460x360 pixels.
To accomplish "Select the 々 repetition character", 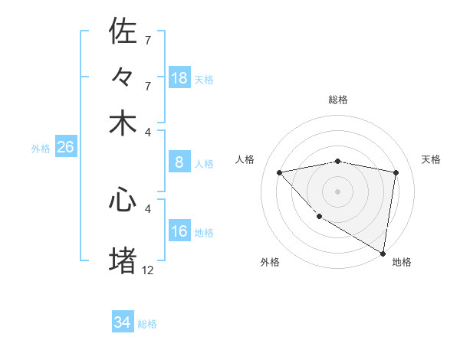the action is tap(123, 77).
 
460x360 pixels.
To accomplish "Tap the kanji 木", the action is tap(123, 123).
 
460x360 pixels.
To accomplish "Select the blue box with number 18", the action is tap(179, 78).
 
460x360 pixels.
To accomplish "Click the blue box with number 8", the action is tap(179, 162).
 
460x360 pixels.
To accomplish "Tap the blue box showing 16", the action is tap(179, 231).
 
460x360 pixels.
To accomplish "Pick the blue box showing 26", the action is tap(65, 148).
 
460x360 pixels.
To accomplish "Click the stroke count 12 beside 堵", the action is tap(148, 270).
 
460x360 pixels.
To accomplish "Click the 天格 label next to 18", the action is tap(204, 79).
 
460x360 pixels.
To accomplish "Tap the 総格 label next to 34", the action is tap(147, 323).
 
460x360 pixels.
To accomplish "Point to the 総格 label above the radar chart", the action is tap(337, 100).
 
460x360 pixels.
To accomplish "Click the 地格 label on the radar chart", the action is tap(402, 262).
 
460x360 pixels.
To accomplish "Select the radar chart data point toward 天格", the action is tap(396, 172).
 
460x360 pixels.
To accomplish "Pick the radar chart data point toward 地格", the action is tap(383, 253).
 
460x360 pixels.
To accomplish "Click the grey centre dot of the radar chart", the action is tap(337, 190).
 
